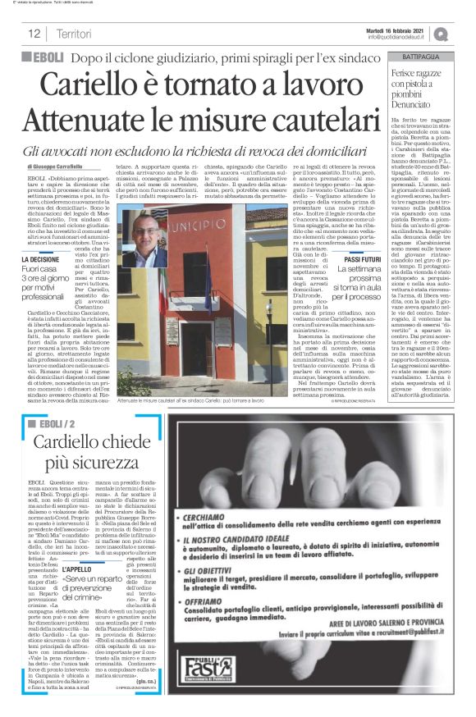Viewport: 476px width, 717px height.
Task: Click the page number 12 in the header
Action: click(x=34, y=34)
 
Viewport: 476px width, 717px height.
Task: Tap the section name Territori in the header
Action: click(x=75, y=34)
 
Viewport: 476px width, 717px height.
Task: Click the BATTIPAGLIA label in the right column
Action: click(x=425, y=56)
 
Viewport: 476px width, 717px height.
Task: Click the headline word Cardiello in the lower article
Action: click(x=73, y=442)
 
